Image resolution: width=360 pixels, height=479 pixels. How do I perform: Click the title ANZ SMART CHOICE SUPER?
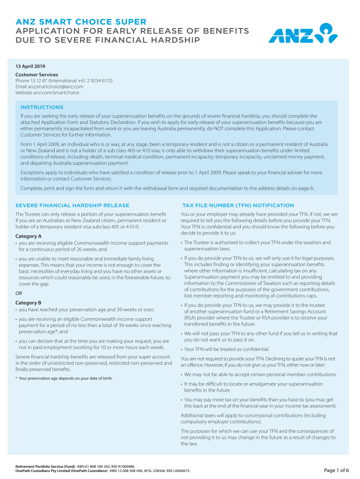(x=81, y=22)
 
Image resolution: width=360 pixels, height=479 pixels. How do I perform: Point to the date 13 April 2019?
(x=30, y=66)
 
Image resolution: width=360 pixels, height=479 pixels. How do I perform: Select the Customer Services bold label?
(x=37, y=74)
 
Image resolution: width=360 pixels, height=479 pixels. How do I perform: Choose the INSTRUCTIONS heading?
(x=42, y=107)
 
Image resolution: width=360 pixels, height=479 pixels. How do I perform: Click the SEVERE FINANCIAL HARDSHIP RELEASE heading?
(x=72, y=205)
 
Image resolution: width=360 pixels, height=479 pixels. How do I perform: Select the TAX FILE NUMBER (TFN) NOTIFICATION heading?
(x=238, y=205)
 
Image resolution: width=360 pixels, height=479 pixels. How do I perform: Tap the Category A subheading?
(x=29, y=236)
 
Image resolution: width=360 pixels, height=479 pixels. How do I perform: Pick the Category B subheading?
(x=29, y=303)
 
